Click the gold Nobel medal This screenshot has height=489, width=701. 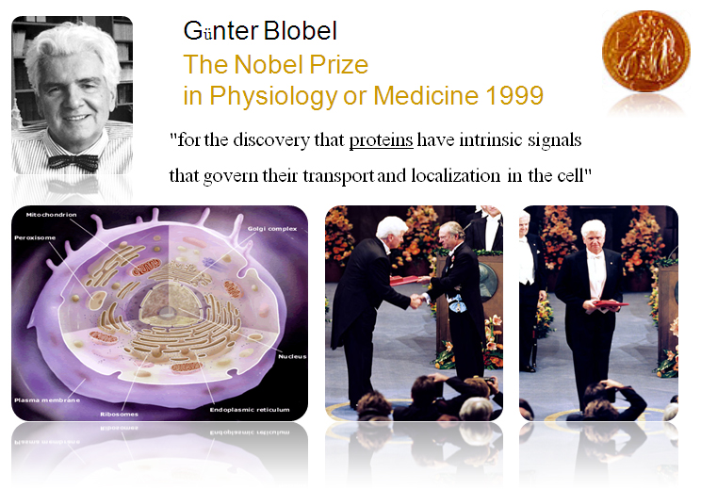coord(645,51)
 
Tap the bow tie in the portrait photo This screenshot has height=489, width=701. coord(73,162)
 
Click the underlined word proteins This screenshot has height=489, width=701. coord(381,140)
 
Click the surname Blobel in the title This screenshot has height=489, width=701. coord(300,31)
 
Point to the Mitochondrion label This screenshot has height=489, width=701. coord(51,215)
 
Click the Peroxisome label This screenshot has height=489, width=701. coord(35,237)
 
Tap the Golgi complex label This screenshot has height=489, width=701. coord(272,228)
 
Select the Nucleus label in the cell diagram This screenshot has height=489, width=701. coord(292,356)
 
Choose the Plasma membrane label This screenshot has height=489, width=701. coord(47,400)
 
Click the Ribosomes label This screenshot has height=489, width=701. coord(119,414)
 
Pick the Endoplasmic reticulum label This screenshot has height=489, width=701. coord(250,410)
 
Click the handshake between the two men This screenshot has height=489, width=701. coord(416,301)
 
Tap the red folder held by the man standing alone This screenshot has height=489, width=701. coord(611,304)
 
